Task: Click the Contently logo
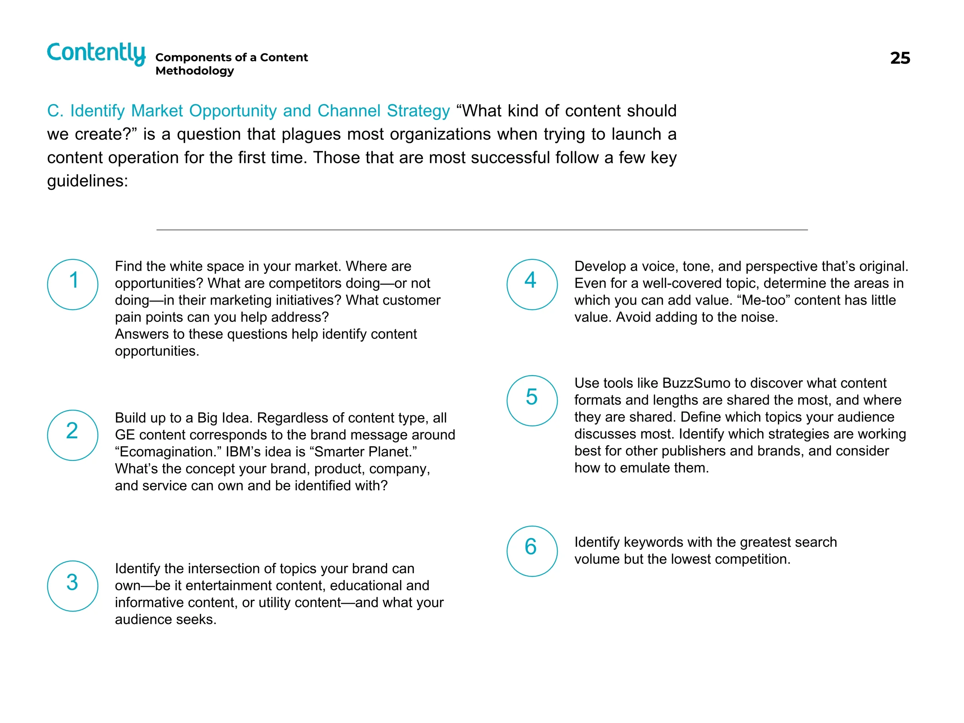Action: pyautogui.click(x=96, y=53)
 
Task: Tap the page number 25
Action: pyautogui.click(x=900, y=58)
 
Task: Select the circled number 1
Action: pyautogui.click(x=73, y=284)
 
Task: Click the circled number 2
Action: pyautogui.click(x=73, y=435)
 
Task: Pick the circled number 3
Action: pyautogui.click(x=73, y=586)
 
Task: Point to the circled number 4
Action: pyautogui.click(x=532, y=284)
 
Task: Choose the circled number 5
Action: pyautogui.click(x=532, y=400)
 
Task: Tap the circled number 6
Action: pyautogui.click(x=532, y=551)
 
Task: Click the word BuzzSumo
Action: pyautogui.click(x=696, y=383)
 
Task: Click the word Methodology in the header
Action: pyautogui.click(x=194, y=70)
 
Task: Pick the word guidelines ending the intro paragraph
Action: pyautogui.click(x=87, y=181)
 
